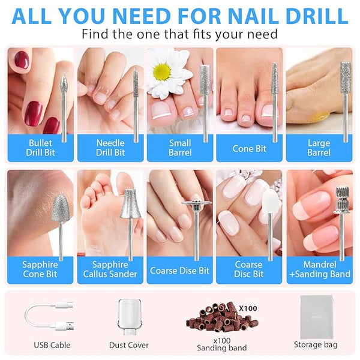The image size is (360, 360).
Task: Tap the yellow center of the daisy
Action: coord(162,72)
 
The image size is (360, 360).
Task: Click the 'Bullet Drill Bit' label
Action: coord(40,148)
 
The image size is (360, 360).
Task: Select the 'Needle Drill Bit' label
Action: coord(110,148)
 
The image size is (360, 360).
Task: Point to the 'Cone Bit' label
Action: coord(249,149)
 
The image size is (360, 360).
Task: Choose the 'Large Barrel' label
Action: coord(319,148)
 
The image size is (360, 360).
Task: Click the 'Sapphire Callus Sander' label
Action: coord(110,269)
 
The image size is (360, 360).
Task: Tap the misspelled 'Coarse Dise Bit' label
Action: coord(179,270)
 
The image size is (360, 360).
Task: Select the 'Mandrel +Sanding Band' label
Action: coord(320,269)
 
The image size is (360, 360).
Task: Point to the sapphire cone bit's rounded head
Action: coord(60,208)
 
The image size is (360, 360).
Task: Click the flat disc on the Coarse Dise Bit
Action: coord(196,203)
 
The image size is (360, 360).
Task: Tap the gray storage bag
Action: coord(317,317)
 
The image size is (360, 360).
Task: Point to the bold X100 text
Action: coord(248,308)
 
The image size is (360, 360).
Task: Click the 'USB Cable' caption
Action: coord(52,345)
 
